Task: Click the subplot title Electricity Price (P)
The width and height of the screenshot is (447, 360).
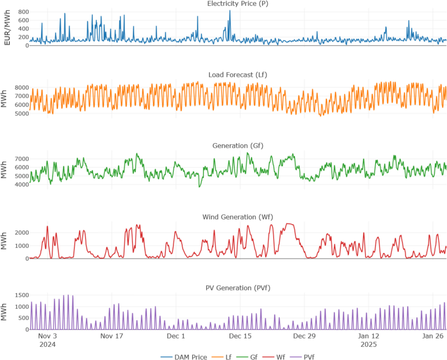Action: tap(238, 4)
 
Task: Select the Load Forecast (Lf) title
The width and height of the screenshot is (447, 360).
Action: tap(238, 75)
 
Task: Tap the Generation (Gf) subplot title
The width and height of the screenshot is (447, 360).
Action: tap(238, 146)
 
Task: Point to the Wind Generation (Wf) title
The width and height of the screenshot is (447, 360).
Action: tap(238, 217)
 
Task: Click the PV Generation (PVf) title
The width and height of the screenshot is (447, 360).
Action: tap(238, 288)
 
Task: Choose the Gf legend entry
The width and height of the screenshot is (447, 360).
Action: tap(248, 357)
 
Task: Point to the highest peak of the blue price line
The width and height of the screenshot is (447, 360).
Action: tap(230, 10)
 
